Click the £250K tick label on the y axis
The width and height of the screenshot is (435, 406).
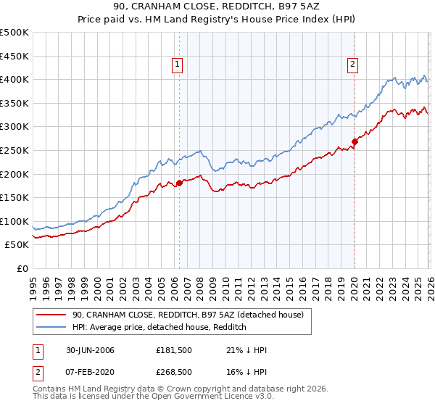pyautogui.click(x=14, y=150)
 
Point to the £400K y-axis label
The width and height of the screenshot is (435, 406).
pyautogui.click(x=14, y=80)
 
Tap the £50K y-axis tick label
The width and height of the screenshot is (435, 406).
pyautogui.click(x=17, y=245)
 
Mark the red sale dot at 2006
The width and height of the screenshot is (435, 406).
pyautogui.click(x=179, y=183)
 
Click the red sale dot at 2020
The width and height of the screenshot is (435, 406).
pyautogui.click(x=355, y=141)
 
